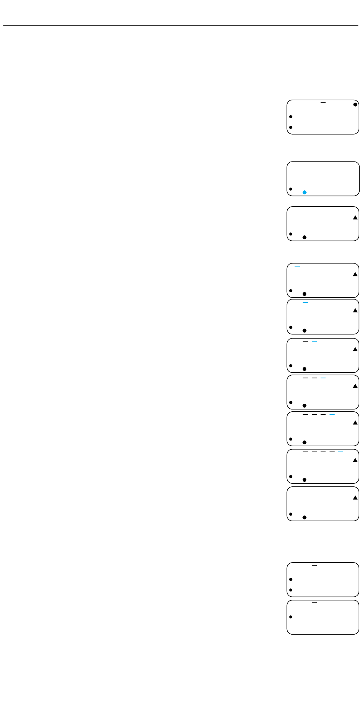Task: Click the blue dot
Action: point(304,192)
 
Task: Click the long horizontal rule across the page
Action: point(180,26)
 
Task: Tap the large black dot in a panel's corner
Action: point(355,104)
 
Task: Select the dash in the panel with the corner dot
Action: point(323,102)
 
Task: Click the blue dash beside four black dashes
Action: point(341,452)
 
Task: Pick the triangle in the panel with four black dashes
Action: point(355,460)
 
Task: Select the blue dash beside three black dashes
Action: point(332,414)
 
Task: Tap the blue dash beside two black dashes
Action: point(323,378)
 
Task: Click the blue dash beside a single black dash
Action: point(314,341)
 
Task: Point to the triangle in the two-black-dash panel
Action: point(355,386)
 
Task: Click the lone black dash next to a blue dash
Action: point(305,341)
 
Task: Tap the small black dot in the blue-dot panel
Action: point(291,189)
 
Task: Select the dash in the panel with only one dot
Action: point(314,602)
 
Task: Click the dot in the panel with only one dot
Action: point(291,617)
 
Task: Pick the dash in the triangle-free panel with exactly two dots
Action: point(314,565)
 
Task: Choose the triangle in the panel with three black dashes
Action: point(355,422)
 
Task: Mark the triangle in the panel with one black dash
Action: point(355,349)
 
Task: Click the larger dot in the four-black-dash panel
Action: point(304,480)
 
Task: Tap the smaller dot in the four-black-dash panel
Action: point(291,477)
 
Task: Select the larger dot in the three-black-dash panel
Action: point(304,442)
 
